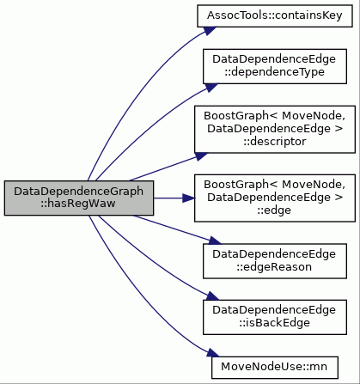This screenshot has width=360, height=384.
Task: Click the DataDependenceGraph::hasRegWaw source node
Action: coord(79,198)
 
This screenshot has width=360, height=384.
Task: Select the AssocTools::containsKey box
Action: coord(275,15)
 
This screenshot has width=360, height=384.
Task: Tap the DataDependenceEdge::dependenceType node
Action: coord(275,66)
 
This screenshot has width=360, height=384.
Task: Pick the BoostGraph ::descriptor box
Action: coord(275,129)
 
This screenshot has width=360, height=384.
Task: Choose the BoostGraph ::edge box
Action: coord(275,198)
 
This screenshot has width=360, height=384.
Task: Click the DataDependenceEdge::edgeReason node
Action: coord(275,261)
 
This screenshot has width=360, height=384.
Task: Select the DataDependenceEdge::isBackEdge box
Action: coord(275,317)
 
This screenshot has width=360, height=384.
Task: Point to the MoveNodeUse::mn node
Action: coord(275,368)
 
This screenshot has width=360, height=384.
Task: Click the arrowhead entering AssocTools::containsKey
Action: coord(210,30)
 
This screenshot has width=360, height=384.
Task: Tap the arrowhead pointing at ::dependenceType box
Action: coord(211,87)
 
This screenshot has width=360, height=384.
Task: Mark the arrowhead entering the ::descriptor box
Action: coord(201,156)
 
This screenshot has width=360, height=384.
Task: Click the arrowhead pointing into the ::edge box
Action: coord(189,198)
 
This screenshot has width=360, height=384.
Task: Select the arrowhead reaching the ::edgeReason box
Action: coord(215,241)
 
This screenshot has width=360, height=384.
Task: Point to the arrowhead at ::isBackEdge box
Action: coord(212,296)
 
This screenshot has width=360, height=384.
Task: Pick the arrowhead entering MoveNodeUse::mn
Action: coord(213,353)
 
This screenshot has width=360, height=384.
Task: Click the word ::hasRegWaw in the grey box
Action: coord(78,204)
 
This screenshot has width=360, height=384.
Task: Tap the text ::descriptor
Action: coord(275,142)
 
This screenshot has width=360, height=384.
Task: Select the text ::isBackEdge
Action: coord(275,323)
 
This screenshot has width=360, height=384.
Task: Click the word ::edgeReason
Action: coord(274,267)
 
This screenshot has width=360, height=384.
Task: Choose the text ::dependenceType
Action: coord(274,72)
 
